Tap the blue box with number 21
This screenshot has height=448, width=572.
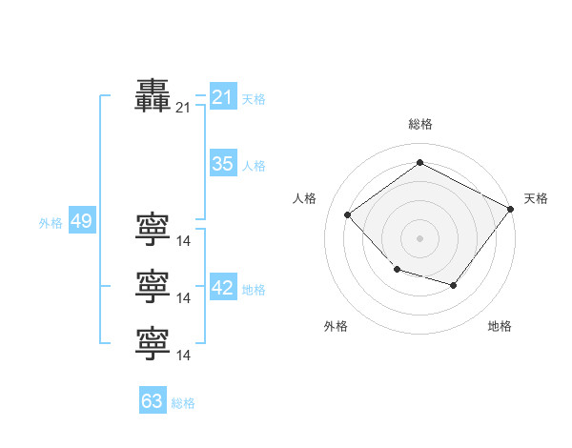[x=222, y=97]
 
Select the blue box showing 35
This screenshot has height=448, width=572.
[x=222, y=164]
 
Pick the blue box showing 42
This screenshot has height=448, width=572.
[x=222, y=288]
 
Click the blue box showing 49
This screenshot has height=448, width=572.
[x=81, y=222]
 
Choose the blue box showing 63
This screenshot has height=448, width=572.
[x=152, y=401]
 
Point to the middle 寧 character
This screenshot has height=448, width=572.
[x=153, y=287]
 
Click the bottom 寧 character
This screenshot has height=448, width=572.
[x=153, y=344]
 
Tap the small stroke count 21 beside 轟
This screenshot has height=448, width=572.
[x=183, y=109]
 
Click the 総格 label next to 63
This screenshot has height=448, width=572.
[x=183, y=403]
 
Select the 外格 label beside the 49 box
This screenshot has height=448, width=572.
[x=51, y=224]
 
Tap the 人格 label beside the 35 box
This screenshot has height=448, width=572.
[x=254, y=166]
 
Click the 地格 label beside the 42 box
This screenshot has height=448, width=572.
[x=254, y=290]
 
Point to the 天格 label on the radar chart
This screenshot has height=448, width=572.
[x=536, y=198]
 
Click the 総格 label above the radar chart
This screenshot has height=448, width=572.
[x=419, y=124]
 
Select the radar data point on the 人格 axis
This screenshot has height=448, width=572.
[x=348, y=215]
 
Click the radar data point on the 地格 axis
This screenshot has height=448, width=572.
[x=454, y=285]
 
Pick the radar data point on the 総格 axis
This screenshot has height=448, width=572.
[x=419, y=163]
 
